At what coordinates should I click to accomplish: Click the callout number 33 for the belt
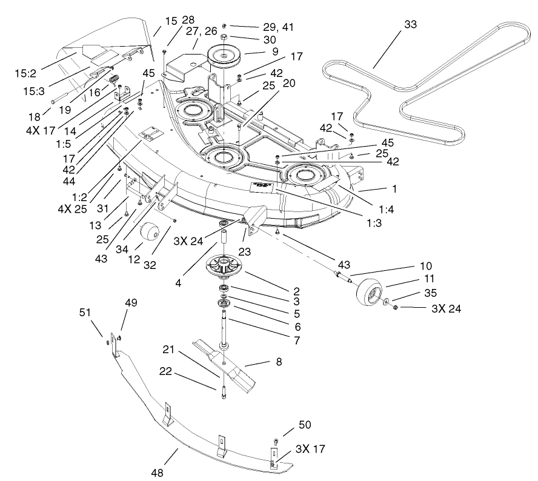click(x=410, y=24)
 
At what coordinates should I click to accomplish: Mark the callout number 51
click(x=85, y=312)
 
